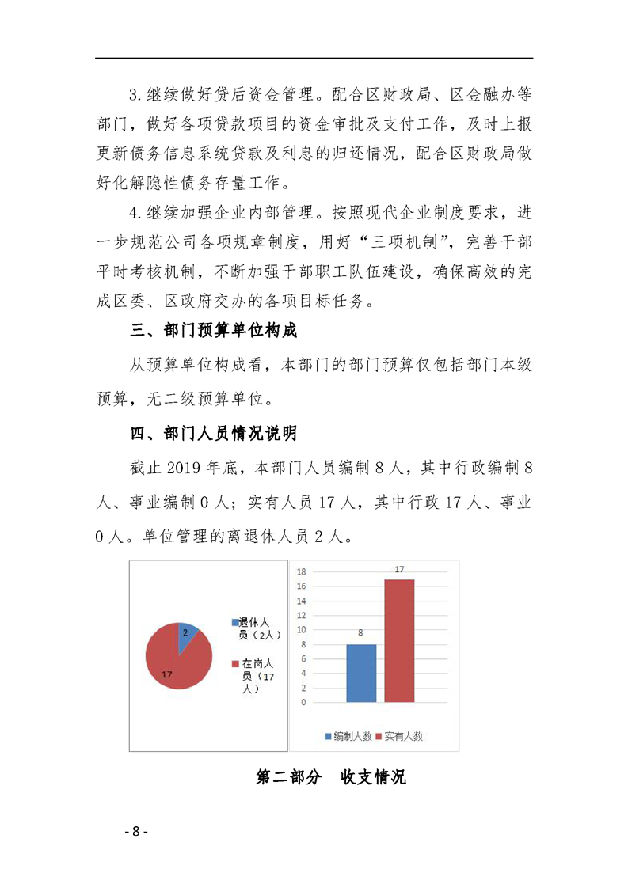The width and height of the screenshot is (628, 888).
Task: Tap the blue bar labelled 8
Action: tap(361, 673)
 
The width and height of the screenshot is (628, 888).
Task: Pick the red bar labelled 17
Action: tap(399, 640)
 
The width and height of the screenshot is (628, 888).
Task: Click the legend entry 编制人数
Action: tap(348, 736)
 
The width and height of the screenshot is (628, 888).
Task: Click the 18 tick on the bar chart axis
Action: tap(302, 571)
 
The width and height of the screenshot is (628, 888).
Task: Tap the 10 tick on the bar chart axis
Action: tap(302, 630)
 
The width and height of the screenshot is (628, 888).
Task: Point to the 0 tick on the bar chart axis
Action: tap(304, 702)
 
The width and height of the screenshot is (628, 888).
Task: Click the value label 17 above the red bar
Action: tap(399, 570)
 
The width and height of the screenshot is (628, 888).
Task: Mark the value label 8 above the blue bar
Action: tap(360, 633)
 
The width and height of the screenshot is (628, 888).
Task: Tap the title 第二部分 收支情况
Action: tap(331, 777)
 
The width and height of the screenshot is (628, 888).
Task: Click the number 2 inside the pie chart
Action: tap(185, 632)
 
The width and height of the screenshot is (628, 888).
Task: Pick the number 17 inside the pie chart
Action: tap(166, 674)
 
